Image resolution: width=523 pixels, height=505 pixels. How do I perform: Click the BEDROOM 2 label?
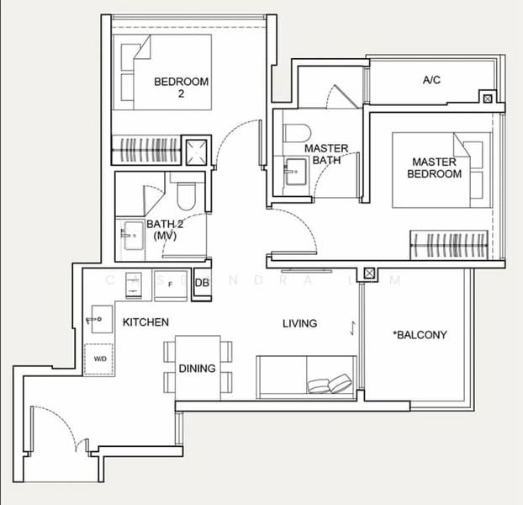pos(180,88)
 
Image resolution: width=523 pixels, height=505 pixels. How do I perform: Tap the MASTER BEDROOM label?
pos(434,167)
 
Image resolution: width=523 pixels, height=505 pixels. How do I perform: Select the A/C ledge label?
pos(431,81)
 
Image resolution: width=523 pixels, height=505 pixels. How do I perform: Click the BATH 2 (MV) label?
pos(165,231)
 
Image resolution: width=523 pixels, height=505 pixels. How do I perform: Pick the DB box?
pos(202,284)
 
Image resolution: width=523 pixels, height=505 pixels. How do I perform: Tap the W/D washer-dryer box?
pos(100,359)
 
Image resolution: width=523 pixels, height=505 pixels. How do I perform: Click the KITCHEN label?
pos(145,322)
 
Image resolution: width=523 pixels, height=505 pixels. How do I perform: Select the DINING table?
pos(197,368)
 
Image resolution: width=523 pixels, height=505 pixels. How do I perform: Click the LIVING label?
pos(299,323)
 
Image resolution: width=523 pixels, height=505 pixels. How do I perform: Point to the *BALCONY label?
pos(420,335)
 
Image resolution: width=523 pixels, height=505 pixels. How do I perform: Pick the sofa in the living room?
pos(306,377)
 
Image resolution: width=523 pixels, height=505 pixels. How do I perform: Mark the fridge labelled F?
pos(172,284)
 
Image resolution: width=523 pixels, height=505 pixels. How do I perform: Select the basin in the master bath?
pos(294,174)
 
